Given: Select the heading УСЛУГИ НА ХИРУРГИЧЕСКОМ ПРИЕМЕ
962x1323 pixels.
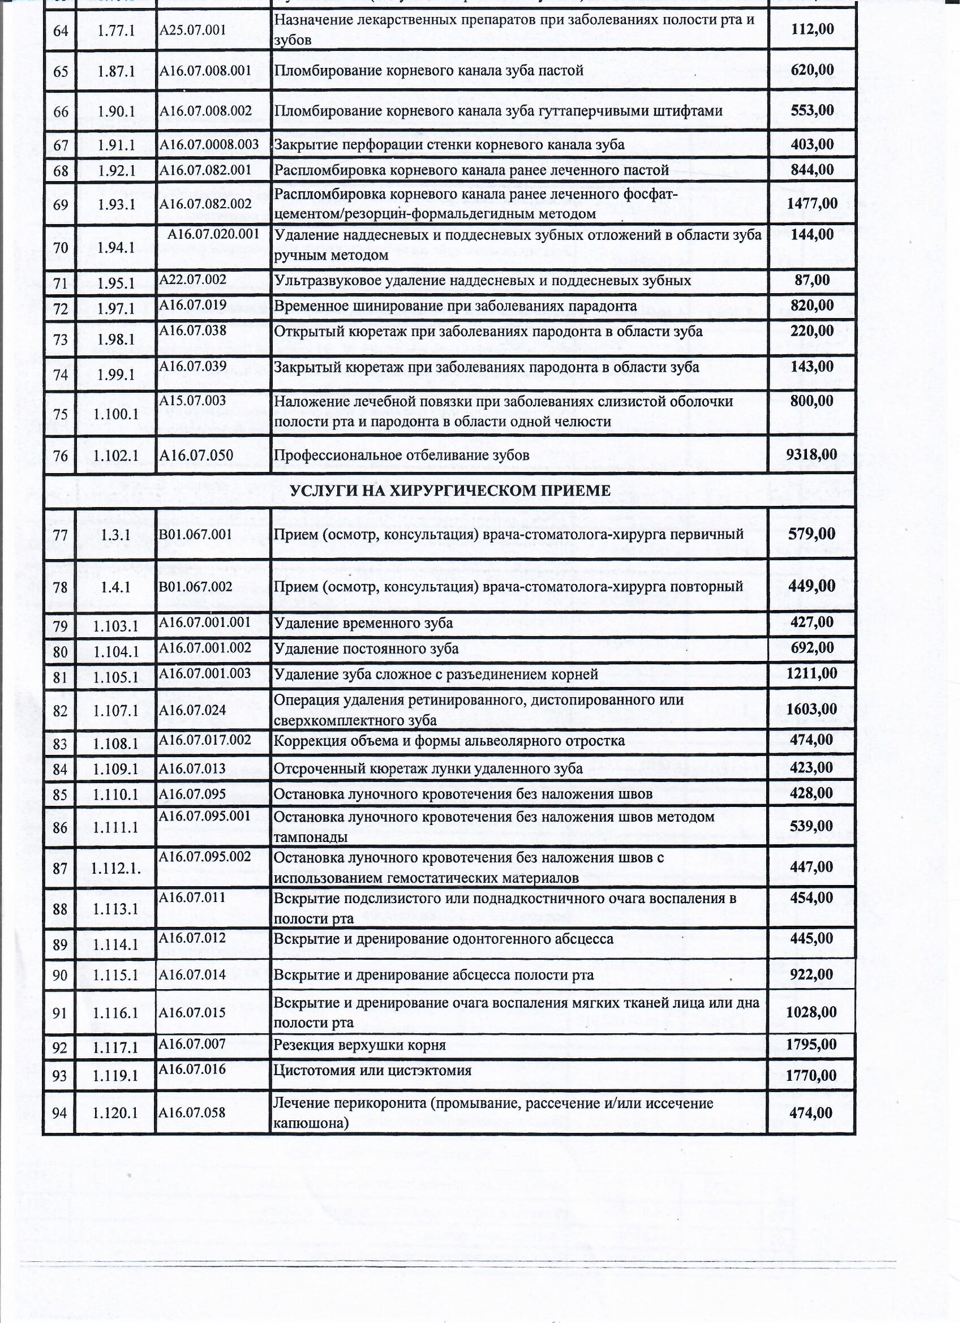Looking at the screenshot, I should pos(450,491).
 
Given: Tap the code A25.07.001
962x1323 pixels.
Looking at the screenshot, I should pos(192,31).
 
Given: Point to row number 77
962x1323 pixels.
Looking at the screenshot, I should pos(60,535).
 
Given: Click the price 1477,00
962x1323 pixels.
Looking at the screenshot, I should pos(811,204).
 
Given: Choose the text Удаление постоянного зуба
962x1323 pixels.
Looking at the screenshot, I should pos(366,648).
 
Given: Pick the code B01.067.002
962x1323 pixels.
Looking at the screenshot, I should pos(195,586).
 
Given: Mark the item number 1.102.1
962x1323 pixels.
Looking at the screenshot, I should pos(115,456).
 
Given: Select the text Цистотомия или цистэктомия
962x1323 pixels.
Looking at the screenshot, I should pos(372,1071).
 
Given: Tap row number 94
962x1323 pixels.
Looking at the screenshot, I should pos(60,1113).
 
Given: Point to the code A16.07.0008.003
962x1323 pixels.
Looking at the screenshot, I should pos(209,145).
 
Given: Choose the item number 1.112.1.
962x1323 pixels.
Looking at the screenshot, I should pos(115,868).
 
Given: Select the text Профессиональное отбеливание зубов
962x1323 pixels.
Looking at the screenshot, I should pos(401,455).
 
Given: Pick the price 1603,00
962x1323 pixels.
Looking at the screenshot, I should pos(811,710).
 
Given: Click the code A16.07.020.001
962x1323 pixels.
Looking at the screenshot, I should pos(213,234).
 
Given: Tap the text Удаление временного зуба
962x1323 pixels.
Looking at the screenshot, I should pos(363,623).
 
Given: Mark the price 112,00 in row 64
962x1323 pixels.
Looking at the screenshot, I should pos(812,29).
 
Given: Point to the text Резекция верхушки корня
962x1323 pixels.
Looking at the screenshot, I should pos(359,1045).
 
